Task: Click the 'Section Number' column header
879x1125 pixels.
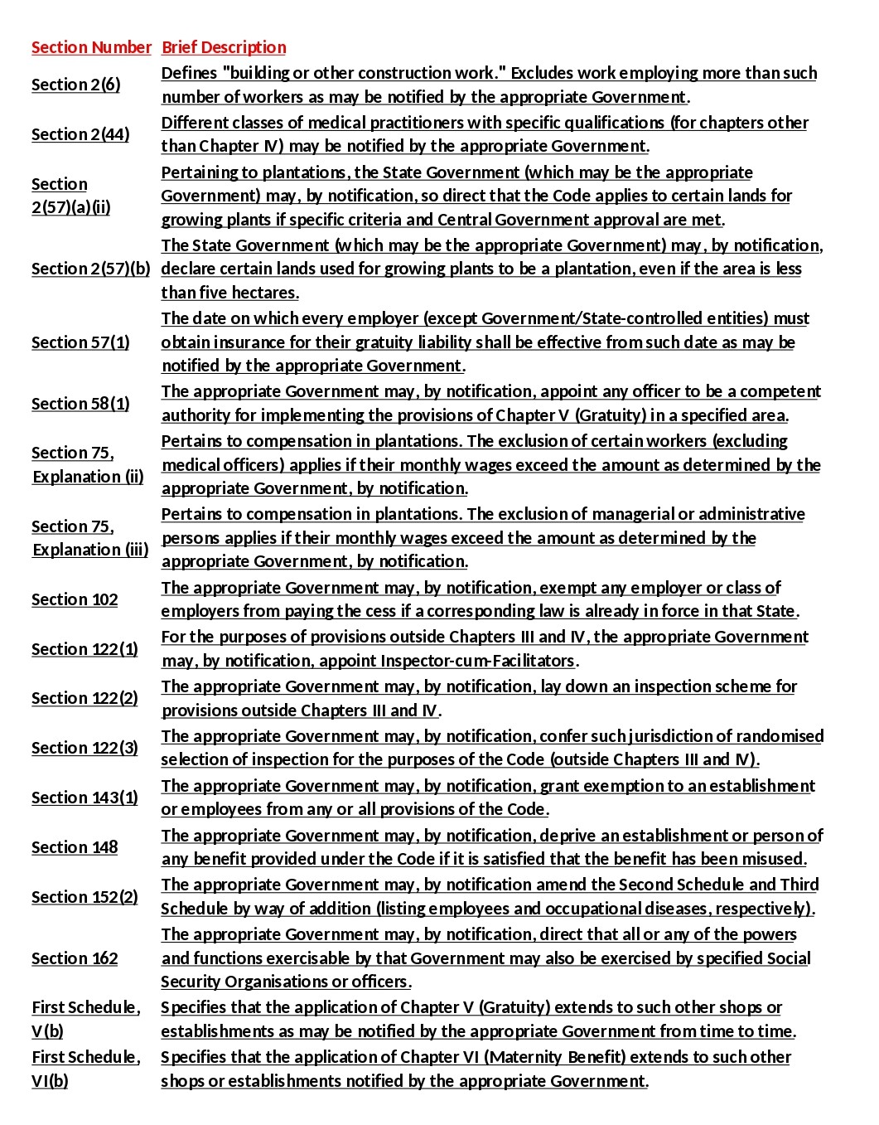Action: click(91, 47)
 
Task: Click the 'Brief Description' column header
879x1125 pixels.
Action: click(224, 47)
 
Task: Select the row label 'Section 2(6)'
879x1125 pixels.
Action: click(75, 85)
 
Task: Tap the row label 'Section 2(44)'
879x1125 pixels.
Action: click(80, 134)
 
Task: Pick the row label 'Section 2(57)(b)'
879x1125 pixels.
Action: click(91, 269)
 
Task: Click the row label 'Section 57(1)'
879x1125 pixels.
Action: click(80, 342)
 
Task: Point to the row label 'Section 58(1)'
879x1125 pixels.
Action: click(80, 404)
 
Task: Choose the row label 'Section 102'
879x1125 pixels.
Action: click(75, 599)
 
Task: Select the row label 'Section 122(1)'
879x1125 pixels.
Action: click(85, 649)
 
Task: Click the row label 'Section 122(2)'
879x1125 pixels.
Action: click(85, 698)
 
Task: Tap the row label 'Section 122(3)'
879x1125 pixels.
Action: click(85, 748)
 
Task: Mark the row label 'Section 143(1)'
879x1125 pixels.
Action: click(85, 798)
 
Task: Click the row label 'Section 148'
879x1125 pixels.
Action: click(75, 847)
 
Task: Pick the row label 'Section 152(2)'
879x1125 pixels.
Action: click(85, 897)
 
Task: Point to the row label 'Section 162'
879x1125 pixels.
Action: click(75, 958)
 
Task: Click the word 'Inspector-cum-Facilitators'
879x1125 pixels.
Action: click(477, 661)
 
